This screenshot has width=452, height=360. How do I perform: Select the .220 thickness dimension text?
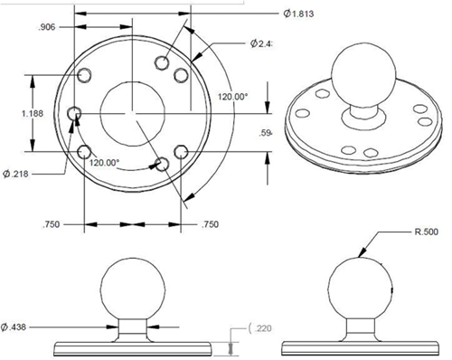(x=262, y=328)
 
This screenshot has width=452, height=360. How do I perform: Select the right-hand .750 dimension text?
(x=210, y=224)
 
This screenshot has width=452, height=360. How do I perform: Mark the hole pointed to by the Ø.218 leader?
(x=76, y=114)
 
